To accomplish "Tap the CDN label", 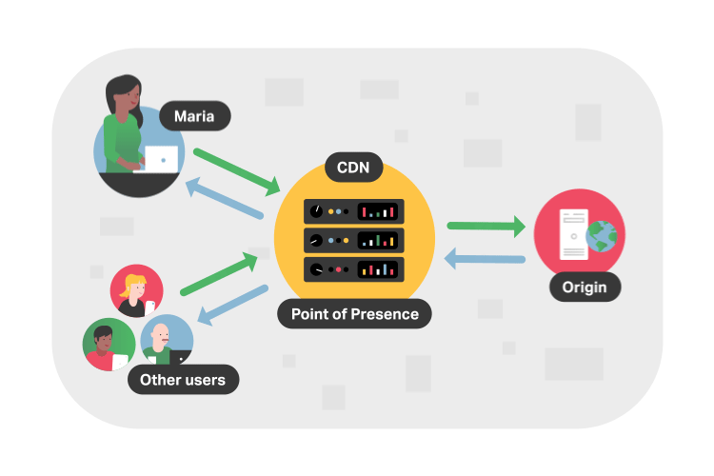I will click(354, 169).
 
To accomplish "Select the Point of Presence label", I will click(354, 313).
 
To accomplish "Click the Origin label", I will click(585, 286).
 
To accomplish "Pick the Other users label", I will click(183, 380).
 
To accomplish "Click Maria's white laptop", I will click(164, 160).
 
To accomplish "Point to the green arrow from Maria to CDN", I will click(236, 168).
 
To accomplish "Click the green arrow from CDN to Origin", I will click(486, 227).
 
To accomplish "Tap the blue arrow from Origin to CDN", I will click(486, 258).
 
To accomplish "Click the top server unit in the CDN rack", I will click(354, 210).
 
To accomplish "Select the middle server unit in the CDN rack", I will click(354, 240).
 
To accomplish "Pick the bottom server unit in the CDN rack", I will click(354, 269).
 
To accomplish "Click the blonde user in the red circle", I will click(136, 290).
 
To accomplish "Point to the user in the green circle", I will click(105, 346).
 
